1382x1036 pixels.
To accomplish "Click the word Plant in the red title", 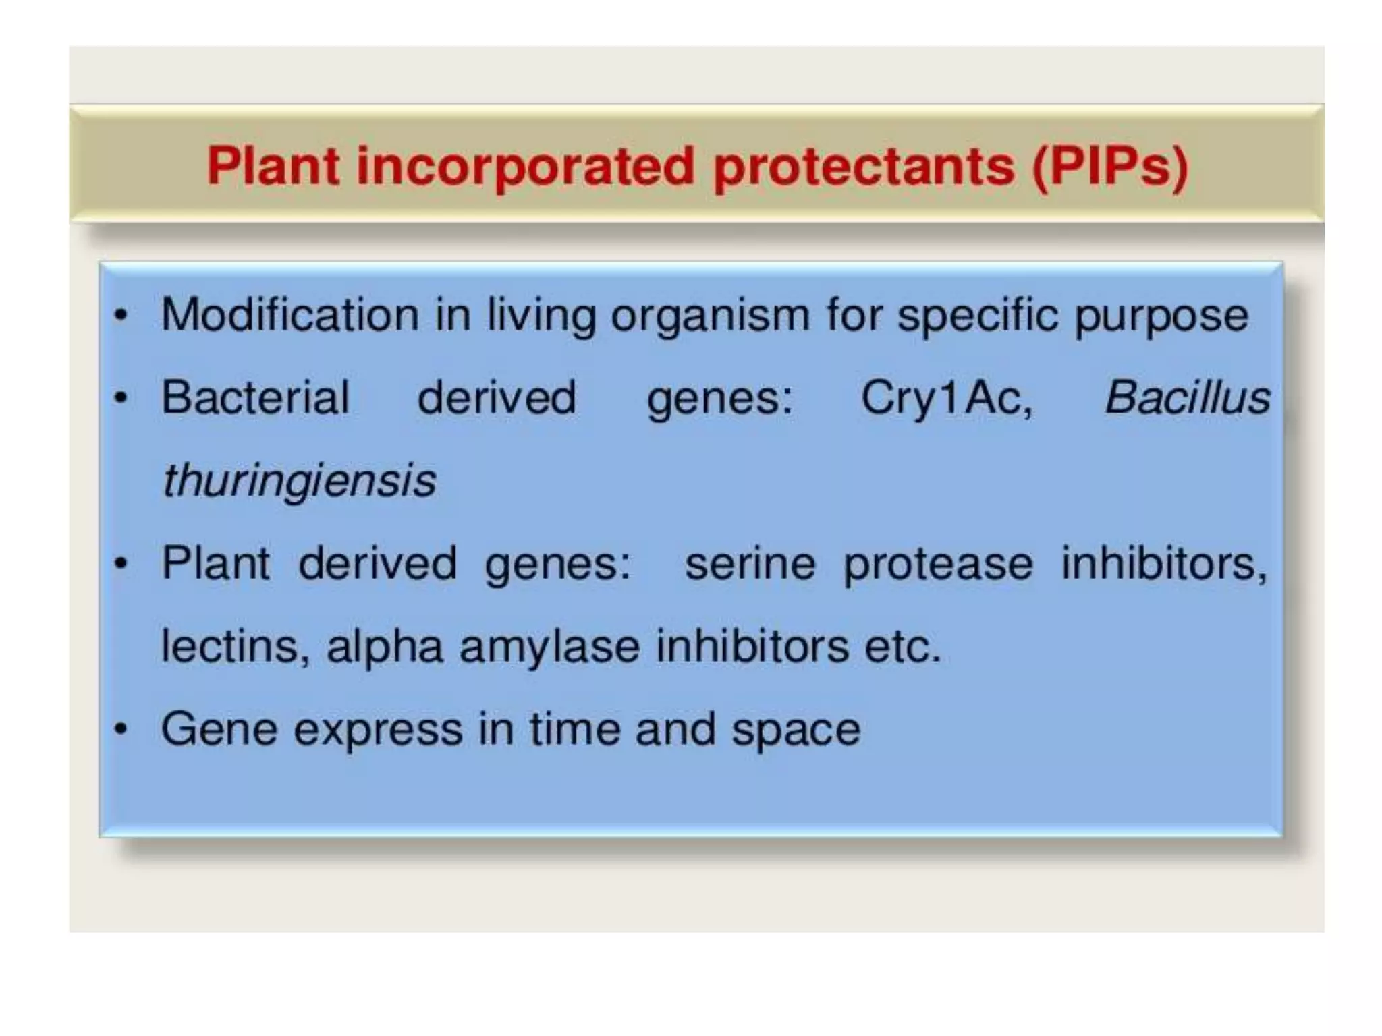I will tap(273, 166).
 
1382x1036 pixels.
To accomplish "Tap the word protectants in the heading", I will tap(864, 167).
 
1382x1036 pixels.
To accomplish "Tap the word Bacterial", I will tap(255, 397).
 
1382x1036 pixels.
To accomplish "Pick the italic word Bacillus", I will tap(1187, 397).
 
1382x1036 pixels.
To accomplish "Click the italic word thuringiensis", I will tap(300, 482).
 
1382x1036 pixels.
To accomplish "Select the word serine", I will tap(750, 564).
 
